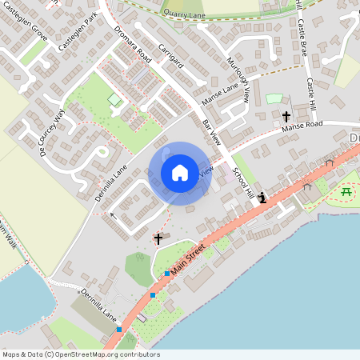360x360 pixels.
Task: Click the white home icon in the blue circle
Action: point(180,172)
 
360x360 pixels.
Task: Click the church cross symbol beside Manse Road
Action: point(286,117)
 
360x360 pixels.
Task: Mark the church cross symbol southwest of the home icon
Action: point(158,238)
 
